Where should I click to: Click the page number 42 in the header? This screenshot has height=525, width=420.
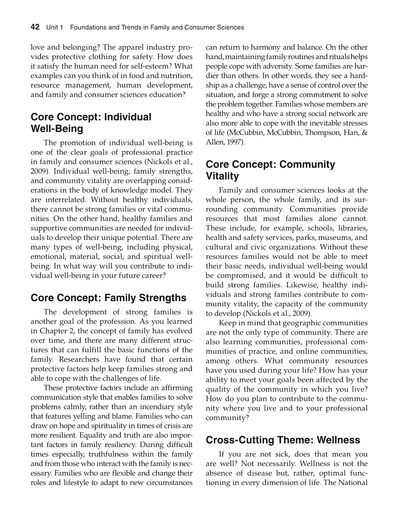coord(35,27)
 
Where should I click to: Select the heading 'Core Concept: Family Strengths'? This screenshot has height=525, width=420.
coord(108,298)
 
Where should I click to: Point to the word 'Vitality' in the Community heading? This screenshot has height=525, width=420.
coord(222,176)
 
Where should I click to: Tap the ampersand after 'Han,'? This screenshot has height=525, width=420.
coord(364,133)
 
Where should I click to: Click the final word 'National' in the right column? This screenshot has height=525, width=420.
coord(352,483)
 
